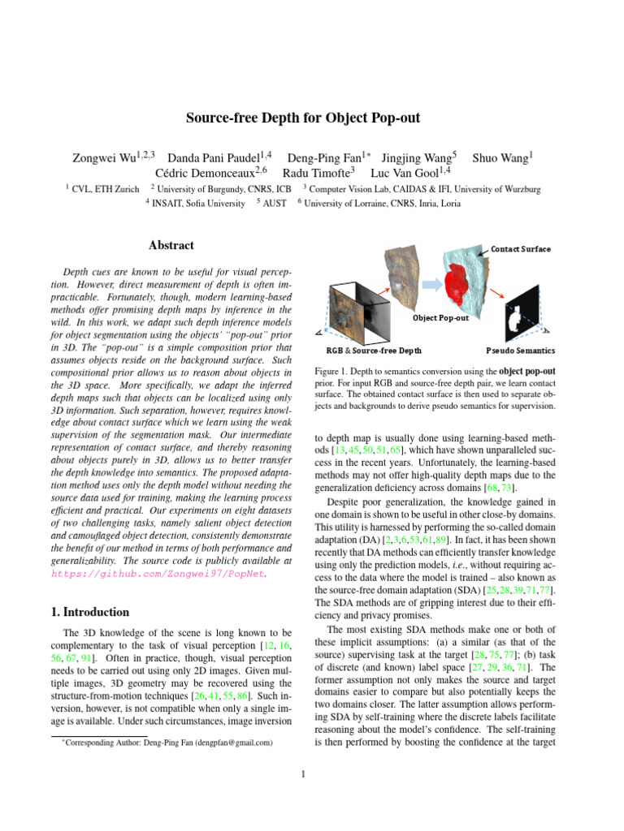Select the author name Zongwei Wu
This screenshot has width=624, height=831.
[105, 155]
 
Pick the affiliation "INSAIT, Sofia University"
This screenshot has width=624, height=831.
[199, 204]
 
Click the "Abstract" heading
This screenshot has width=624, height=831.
[171, 245]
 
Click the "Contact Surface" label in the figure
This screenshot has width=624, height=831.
[520, 248]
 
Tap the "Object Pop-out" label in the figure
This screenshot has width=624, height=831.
[440, 317]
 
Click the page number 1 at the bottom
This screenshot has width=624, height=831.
[302, 773]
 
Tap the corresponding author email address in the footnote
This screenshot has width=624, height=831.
[233, 742]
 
